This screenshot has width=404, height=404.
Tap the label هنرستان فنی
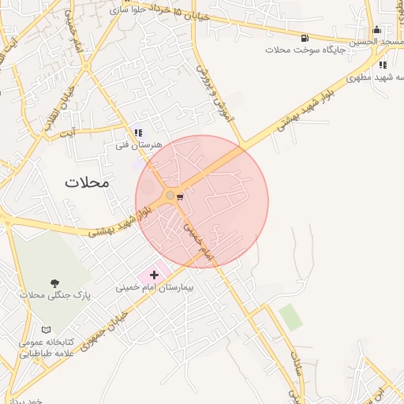click(138, 145)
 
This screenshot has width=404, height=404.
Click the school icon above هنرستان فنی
click(138, 133)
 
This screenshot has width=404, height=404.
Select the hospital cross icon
click(153, 275)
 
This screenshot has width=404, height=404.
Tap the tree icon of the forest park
click(54, 282)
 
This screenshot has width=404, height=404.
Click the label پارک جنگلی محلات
click(50, 295)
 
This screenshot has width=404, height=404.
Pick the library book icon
click(47, 330)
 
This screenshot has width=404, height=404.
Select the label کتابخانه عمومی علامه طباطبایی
click(47, 349)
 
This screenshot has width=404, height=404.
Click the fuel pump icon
click(305, 37)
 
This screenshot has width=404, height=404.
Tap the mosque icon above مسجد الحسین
click(376, 29)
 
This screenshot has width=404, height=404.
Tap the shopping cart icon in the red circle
click(181, 196)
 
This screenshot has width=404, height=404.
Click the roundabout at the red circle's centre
click(170, 195)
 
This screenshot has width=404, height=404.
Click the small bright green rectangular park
click(290, 316)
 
